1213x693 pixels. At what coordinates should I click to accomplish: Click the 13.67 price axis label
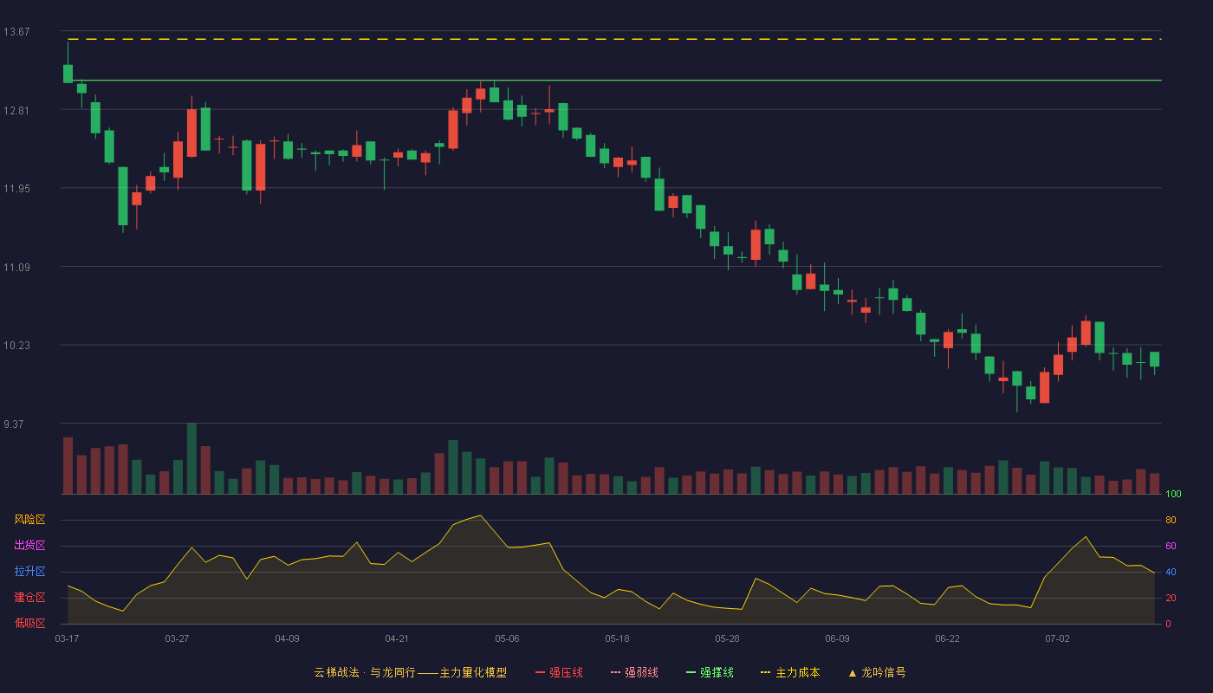[x=16, y=32]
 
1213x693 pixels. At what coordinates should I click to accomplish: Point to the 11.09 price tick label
[x=16, y=268]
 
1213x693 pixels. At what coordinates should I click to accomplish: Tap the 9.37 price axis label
[x=14, y=424]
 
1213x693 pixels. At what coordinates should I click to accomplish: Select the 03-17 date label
[x=68, y=639]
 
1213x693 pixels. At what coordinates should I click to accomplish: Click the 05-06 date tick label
[x=507, y=639]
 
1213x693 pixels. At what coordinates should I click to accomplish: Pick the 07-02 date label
[x=1057, y=639]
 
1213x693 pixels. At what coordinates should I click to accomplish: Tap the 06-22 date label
[x=947, y=639]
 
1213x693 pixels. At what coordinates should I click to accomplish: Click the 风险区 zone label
[x=29, y=520]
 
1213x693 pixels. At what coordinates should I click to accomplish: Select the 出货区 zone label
[x=29, y=545]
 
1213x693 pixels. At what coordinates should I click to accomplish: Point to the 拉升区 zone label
[x=29, y=571]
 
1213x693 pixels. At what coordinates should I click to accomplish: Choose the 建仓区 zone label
[x=29, y=597]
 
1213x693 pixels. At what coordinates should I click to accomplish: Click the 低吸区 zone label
[x=29, y=623]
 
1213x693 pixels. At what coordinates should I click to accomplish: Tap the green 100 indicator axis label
[x=1173, y=494]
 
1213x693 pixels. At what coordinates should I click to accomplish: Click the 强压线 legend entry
[x=559, y=672]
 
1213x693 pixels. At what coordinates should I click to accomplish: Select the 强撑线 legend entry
[x=710, y=672]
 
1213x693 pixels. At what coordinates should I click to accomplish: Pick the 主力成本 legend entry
[x=790, y=672]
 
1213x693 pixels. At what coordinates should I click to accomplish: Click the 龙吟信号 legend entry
[x=877, y=672]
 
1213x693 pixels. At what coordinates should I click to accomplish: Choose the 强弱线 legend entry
[x=634, y=672]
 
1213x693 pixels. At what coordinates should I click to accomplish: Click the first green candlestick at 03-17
[x=68, y=74]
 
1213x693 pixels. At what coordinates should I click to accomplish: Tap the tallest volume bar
[x=191, y=458]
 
